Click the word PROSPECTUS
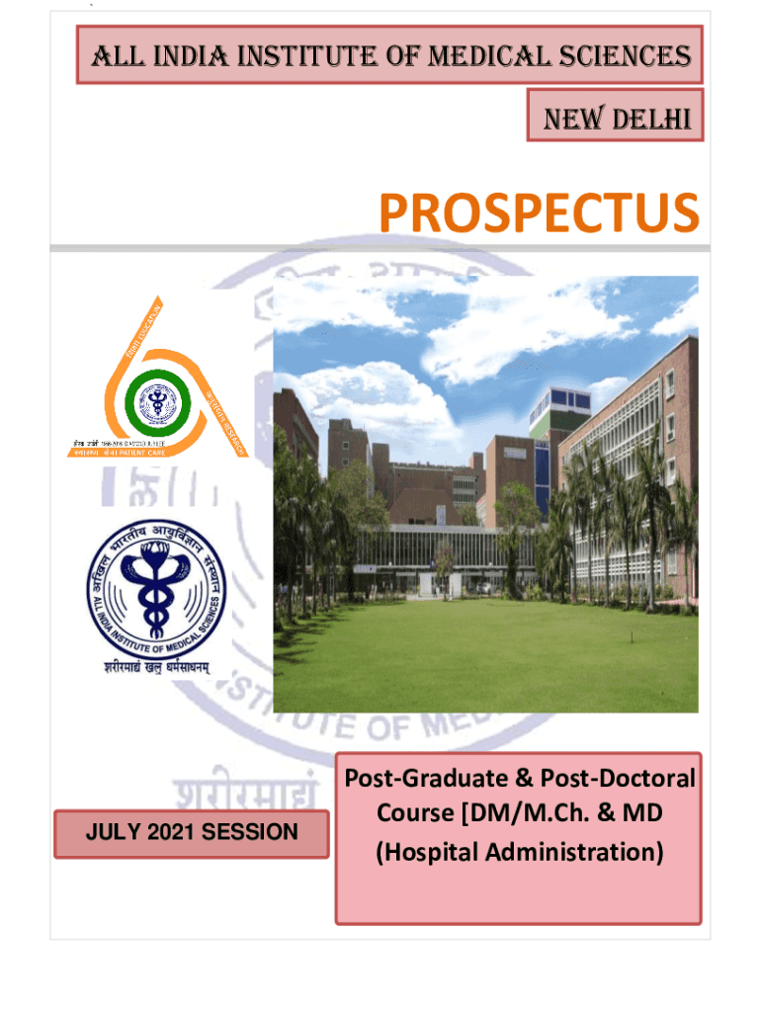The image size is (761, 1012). tap(539, 214)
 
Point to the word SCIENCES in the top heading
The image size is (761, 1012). tap(630, 55)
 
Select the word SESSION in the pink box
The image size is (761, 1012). tap(249, 832)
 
